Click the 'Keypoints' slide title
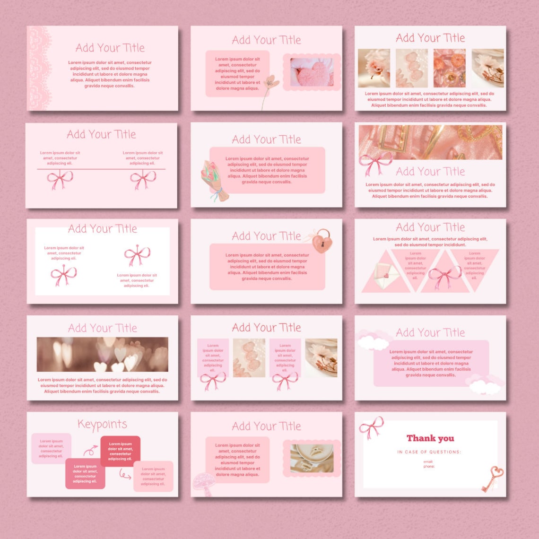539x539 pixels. tap(102, 425)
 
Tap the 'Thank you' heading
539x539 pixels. tap(430, 438)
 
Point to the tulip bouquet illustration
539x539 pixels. tap(214, 181)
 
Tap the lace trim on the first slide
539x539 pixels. tap(39, 68)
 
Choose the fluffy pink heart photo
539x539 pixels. tap(311, 72)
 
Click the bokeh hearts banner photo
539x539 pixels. tap(102, 354)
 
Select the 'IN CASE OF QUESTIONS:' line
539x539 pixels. tap(429, 452)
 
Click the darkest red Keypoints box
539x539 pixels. tap(120, 451)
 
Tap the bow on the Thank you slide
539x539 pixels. tap(371, 428)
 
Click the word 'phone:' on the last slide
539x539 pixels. tap(429, 467)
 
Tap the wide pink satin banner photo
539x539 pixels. tap(430, 142)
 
